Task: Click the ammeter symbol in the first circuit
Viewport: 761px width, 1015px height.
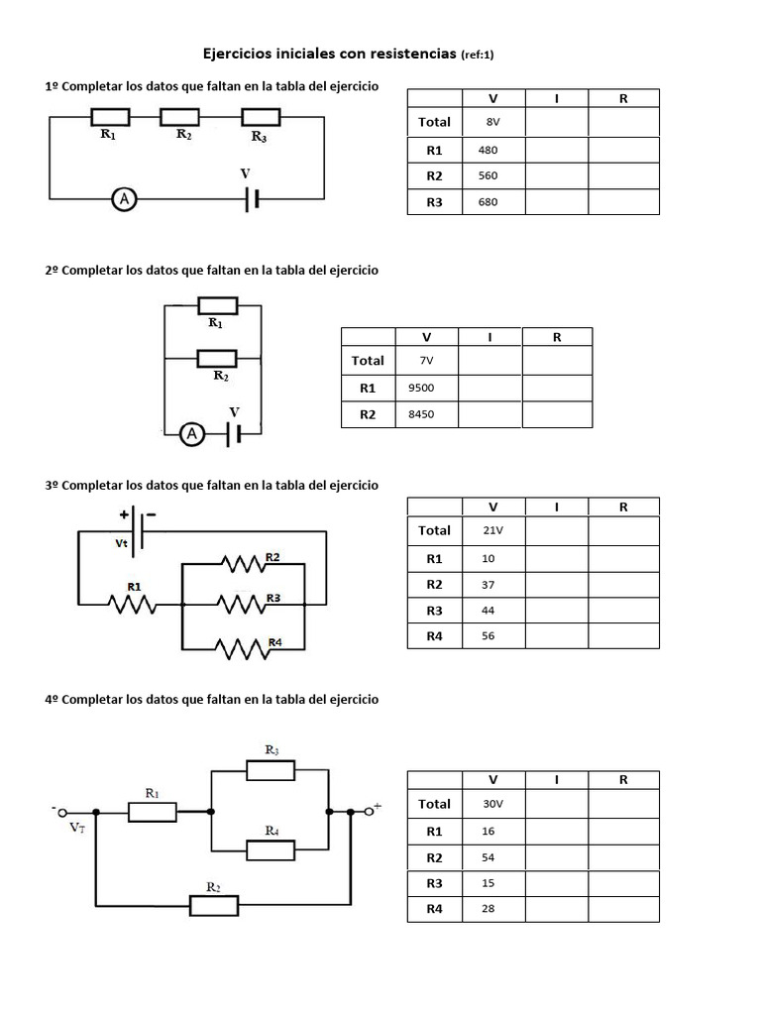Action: tap(124, 199)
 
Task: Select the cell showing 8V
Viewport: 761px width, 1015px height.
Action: tap(493, 122)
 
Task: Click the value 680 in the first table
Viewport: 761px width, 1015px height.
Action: tap(488, 202)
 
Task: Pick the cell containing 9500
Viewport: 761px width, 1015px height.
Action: tap(421, 388)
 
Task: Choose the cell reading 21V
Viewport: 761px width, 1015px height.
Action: tap(493, 530)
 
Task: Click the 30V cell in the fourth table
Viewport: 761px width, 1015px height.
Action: tap(493, 804)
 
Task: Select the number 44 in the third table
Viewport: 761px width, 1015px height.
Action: tap(488, 611)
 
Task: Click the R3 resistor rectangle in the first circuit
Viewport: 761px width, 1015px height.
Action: tap(262, 118)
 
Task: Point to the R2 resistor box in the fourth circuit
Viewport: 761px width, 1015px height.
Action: tap(214, 905)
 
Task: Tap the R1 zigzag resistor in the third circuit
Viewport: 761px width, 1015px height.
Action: tap(133, 603)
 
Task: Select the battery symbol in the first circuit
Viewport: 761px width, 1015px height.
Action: tap(253, 199)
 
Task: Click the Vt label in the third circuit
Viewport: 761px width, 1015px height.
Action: tap(122, 544)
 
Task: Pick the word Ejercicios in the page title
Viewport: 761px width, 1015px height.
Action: tap(241, 53)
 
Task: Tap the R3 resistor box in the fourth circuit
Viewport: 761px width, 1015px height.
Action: tap(271, 770)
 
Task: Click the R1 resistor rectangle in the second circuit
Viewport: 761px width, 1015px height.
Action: tap(217, 305)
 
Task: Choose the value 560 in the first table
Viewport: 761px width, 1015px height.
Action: tap(488, 175)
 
